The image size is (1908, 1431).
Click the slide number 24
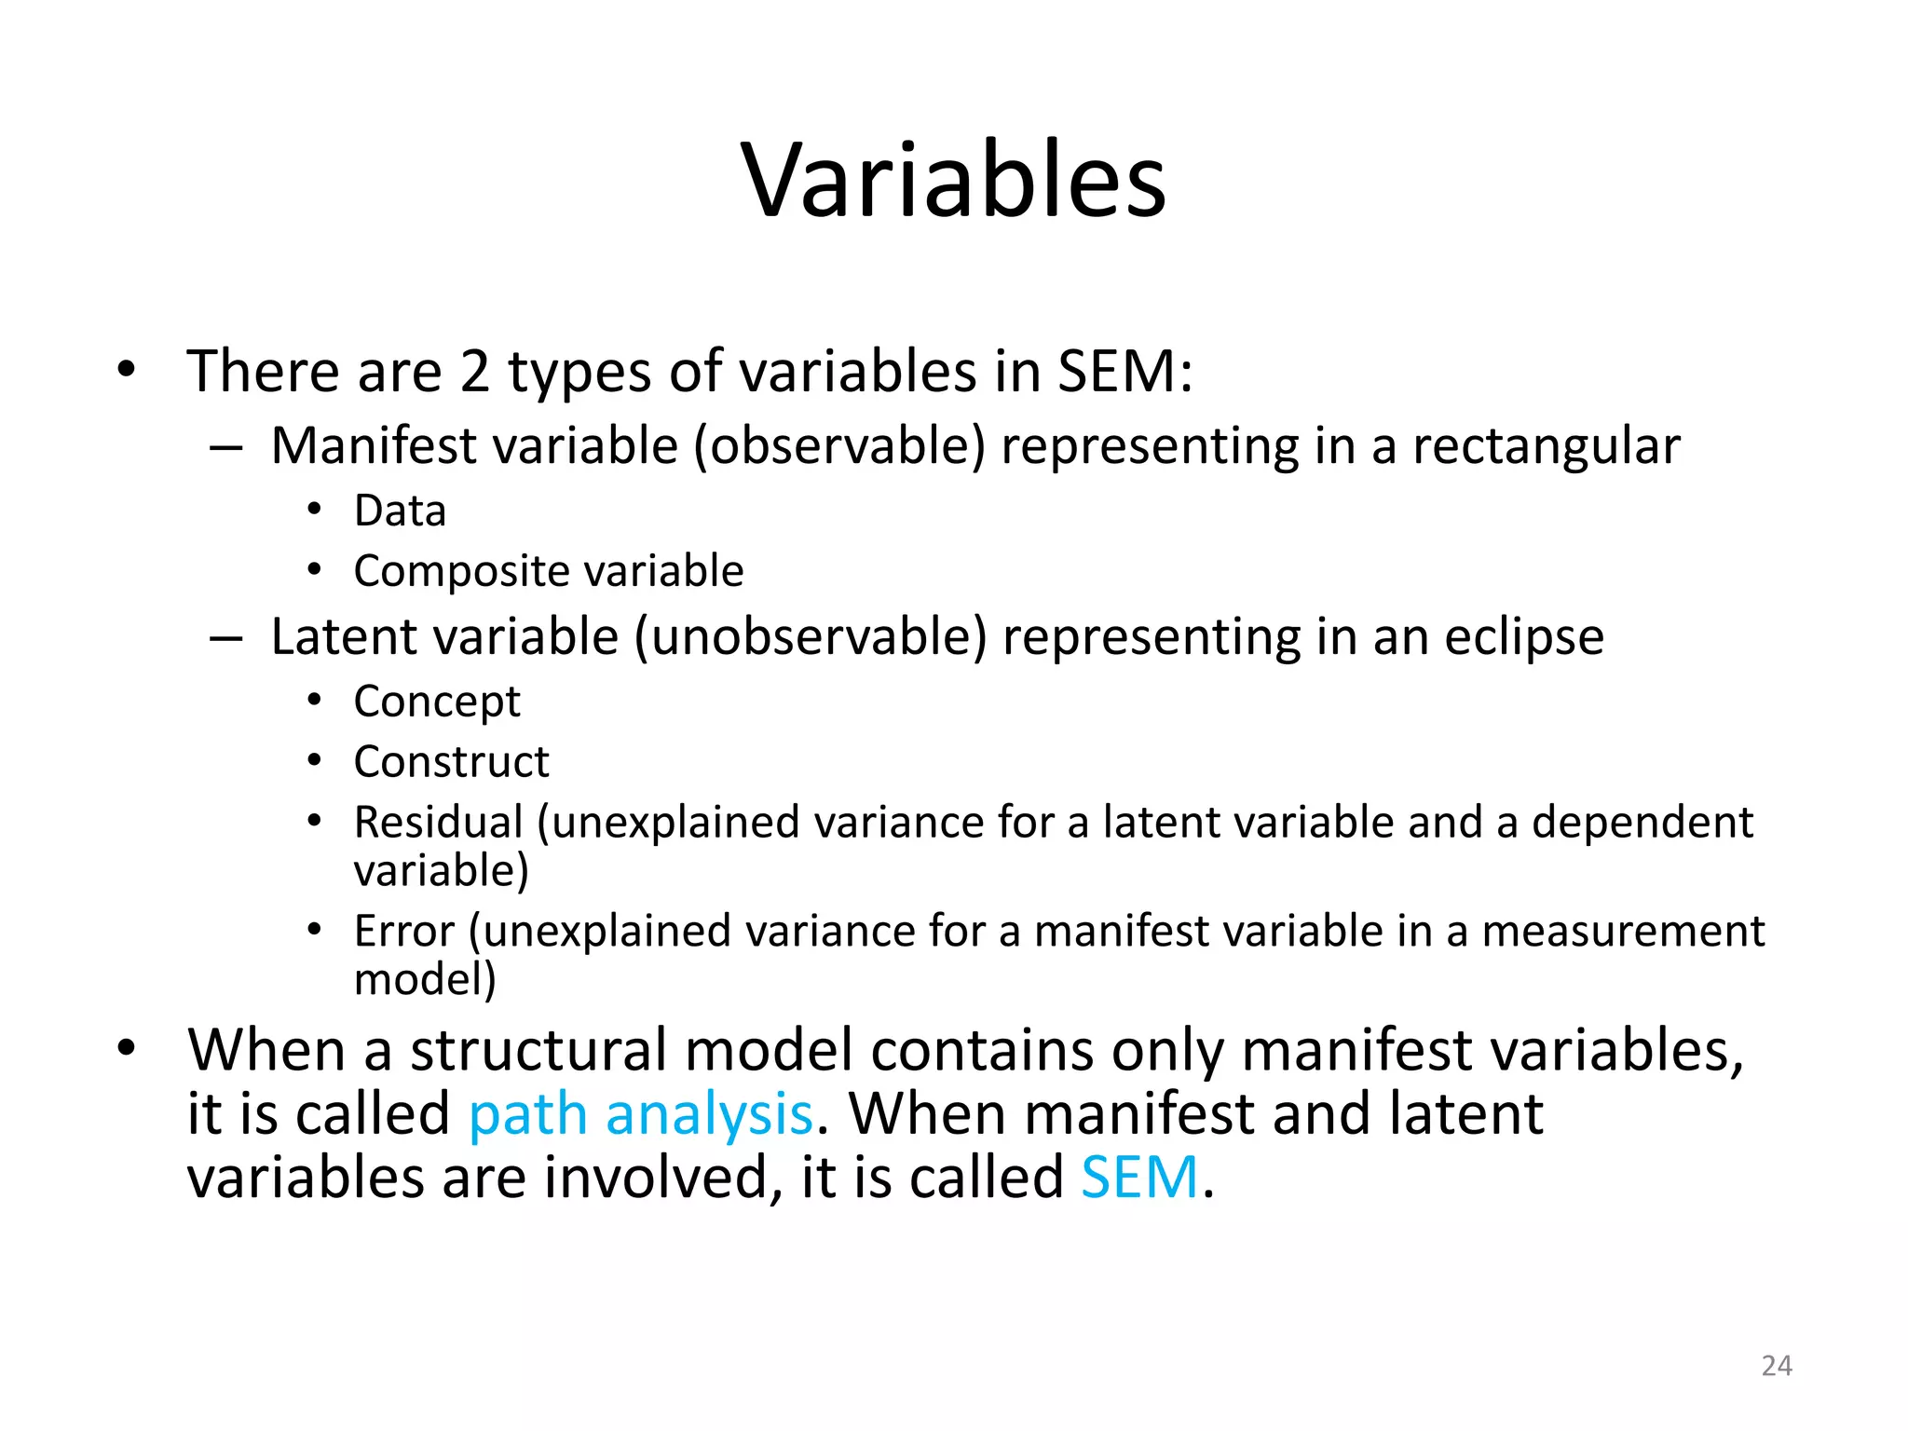pyautogui.click(x=1776, y=1366)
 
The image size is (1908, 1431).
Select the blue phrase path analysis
pyautogui.click(x=640, y=1114)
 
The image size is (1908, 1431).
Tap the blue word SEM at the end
pyautogui.click(x=1138, y=1178)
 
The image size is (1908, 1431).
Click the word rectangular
pyautogui.click(x=1546, y=446)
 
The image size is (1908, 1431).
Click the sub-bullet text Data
pyautogui.click(x=400, y=511)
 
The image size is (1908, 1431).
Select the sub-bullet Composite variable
pyautogui.click(x=548, y=571)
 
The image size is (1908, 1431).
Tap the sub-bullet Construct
pyautogui.click(x=451, y=762)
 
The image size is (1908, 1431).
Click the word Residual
pyautogui.click(x=438, y=823)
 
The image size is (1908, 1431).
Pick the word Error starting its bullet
pyautogui.click(x=404, y=932)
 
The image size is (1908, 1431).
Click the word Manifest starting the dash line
pyautogui.click(x=373, y=446)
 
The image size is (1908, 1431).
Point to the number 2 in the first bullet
pyautogui.click(x=474, y=372)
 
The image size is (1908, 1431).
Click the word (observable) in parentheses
pyautogui.click(x=838, y=446)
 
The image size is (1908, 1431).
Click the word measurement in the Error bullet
pyautogui.click(x=1622, y=932)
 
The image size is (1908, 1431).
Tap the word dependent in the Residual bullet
pyautogui.click(x=1642, y=823)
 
